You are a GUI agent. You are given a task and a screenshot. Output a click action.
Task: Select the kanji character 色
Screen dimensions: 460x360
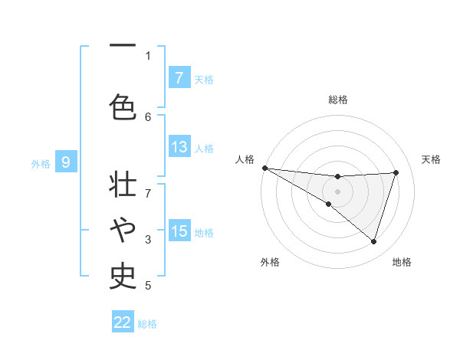point(123,106)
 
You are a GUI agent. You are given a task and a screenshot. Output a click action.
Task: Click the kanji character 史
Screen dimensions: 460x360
point(123,273)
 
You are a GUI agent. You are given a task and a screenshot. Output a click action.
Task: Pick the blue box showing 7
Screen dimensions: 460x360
point(179,77)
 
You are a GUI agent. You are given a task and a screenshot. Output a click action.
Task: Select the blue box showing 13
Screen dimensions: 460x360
point(179,147)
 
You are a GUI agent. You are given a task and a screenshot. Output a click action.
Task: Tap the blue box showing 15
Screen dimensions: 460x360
point(179,231)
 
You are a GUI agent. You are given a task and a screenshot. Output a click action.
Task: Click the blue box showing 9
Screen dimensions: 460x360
point(66,162)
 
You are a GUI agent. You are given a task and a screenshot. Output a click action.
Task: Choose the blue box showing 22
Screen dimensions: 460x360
point(123,322)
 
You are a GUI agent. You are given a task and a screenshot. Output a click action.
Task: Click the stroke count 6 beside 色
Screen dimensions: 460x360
point(148,116)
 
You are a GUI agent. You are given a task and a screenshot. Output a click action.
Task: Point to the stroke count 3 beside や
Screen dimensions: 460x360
point(148,240)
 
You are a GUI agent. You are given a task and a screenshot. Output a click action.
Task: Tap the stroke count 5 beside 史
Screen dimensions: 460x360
point(148,286)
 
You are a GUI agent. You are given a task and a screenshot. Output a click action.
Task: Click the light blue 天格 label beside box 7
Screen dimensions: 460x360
point(203,79)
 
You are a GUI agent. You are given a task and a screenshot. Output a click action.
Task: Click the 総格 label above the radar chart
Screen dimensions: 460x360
point(337,100)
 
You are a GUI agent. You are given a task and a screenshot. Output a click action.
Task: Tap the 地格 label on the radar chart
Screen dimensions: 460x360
point(402,262)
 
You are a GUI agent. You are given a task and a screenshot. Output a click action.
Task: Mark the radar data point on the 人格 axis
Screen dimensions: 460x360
point(264,167)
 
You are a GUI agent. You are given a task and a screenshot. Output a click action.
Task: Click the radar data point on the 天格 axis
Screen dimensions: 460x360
point(396,172)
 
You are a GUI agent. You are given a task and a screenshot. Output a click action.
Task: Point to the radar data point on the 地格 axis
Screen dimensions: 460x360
point(373,241)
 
